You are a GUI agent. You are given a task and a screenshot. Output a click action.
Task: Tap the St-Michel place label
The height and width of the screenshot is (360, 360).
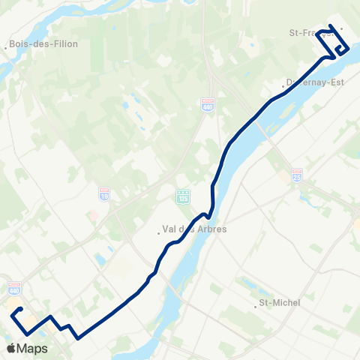(x=279, y=303)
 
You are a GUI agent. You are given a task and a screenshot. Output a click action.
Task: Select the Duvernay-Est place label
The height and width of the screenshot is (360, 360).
(x=315, y=82)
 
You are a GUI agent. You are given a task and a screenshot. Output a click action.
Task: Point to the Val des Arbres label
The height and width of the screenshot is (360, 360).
(x=194, y=229)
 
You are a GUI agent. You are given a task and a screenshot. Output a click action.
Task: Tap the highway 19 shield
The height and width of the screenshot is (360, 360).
(x=103, y=193)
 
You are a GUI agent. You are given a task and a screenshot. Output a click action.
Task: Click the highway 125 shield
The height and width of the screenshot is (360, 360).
(x=183, y=196)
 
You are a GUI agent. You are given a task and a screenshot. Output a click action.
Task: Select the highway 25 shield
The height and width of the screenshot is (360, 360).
(x=297, y=173)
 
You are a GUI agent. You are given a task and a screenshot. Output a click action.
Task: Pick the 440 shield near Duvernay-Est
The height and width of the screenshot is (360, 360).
(x=208, y=105)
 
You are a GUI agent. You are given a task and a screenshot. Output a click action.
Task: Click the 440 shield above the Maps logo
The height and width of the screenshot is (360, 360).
(x=14, y=288)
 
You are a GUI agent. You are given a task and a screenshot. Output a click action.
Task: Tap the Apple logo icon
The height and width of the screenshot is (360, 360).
(x=11, y=348)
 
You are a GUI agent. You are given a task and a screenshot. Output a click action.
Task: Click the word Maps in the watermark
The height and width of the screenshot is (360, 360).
(x=33, y=349)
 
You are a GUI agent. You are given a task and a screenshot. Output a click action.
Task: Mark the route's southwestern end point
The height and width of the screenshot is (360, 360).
(x=21, y=309)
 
